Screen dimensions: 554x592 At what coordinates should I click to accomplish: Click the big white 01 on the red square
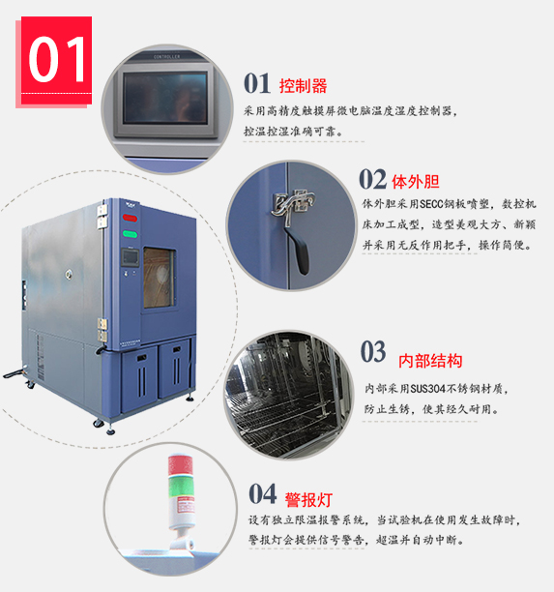pos(57,59)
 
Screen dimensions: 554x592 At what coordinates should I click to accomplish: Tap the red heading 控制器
pos(303,86)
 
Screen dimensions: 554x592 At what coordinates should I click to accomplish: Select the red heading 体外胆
pos(416,182)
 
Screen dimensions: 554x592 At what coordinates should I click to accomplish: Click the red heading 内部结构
pos(430,361)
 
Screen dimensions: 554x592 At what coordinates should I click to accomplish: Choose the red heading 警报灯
pos(308,500)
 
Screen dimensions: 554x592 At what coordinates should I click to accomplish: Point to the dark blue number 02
pos(372,179)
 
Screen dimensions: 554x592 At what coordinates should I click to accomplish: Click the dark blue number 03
pos(373,351)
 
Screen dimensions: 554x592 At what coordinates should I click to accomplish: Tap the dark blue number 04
pos(263,494)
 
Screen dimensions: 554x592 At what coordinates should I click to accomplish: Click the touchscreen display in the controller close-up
pos(165,98)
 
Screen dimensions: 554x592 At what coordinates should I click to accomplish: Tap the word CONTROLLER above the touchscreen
pos(167,57)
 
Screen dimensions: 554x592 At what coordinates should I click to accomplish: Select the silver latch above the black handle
pos(293,203)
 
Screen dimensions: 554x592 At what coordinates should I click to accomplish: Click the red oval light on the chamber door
pos(130,219)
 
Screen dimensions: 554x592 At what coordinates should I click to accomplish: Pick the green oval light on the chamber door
pos(130,234)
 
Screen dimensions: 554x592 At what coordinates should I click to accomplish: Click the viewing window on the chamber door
pos(160,278)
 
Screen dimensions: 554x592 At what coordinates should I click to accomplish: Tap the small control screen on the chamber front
pos(130,257)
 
